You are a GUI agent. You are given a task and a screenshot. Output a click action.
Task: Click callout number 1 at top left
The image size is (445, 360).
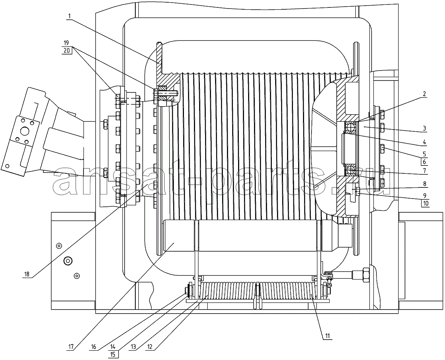click(69, 16)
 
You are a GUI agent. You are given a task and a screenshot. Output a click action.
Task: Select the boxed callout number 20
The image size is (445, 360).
click(67, 50)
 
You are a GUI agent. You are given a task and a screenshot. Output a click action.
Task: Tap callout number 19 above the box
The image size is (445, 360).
click(66, 43)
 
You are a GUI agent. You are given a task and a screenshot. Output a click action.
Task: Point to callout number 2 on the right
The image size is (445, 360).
click(424, 94)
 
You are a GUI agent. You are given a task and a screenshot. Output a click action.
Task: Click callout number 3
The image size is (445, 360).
click(424, 128)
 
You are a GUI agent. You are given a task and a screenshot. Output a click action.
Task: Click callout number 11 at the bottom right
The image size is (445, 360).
click(327, 336)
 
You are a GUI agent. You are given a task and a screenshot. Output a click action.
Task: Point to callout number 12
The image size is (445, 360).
click(149, 347)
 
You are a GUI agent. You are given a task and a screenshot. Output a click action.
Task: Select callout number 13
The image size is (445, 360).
click(133, 347)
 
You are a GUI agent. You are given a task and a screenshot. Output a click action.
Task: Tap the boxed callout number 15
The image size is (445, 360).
click(113, 354)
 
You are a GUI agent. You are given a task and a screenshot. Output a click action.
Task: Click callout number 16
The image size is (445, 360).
click(93, 347)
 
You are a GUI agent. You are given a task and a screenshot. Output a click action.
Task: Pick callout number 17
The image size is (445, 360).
click(71, 347)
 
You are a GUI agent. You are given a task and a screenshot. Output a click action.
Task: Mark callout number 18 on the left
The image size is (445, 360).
click(27, 274)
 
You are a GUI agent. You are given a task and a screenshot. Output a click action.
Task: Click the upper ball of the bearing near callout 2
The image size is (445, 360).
click(349, 126)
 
